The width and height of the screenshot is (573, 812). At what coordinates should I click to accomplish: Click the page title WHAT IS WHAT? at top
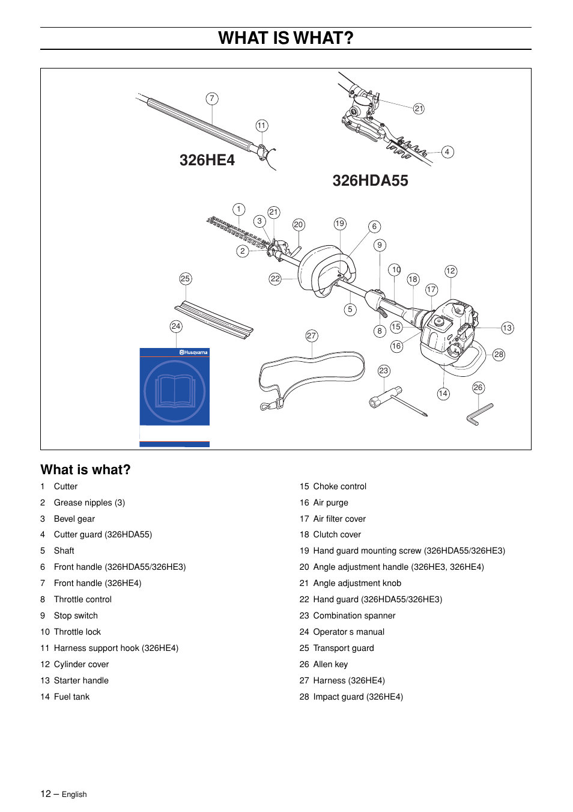click(286, 38)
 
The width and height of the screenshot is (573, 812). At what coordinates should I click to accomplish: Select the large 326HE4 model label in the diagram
click(207, 160)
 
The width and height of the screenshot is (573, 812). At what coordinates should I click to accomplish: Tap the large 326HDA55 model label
click(370, 181)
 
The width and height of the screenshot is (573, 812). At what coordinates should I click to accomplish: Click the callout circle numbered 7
click(211, 99)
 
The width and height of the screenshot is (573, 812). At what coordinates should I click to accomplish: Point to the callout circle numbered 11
click(261, 126)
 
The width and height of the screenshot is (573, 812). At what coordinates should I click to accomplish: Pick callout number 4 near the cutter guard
click(447, 152)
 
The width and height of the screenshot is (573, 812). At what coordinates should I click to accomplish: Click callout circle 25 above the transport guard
click(185, 279)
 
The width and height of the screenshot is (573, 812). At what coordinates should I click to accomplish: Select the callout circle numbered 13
click(508, 328)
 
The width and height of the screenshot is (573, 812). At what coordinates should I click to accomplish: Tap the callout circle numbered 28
click(499, 355)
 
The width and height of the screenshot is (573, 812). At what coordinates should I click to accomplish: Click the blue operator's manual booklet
click(174, 391)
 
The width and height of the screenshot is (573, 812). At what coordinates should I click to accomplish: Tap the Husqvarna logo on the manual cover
click(193, 353)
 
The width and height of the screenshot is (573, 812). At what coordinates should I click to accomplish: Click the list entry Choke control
click(339, 486)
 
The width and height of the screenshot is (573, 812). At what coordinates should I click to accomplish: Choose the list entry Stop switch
click(76, 615)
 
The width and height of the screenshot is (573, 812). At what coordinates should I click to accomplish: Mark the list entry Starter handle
click(81, 680)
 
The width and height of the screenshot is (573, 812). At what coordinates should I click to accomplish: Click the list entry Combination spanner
click(354, 615)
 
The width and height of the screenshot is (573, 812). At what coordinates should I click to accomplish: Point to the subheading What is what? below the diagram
click(85, 470)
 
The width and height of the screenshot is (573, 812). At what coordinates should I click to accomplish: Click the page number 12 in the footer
click(46, 794)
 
